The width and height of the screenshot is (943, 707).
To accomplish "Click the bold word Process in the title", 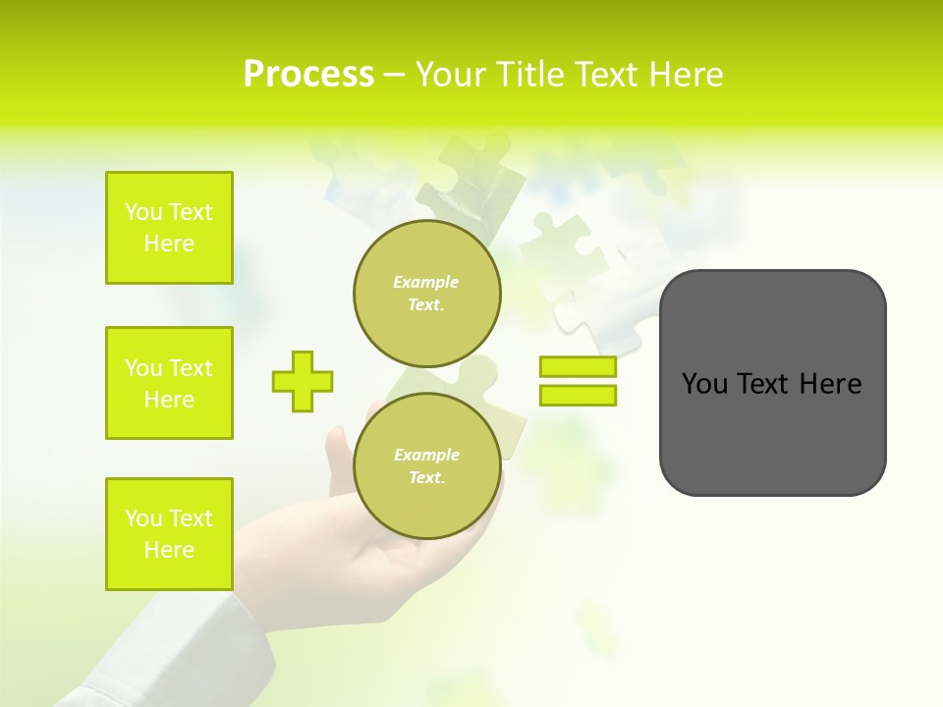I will point(308,75).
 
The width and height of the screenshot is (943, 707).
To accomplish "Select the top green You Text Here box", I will point(169,228).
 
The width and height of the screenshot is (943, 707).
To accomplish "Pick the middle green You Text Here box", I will point(169,383).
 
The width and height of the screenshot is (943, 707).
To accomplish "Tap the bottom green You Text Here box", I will point(169,534).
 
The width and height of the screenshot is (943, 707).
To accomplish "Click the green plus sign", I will point(303,381).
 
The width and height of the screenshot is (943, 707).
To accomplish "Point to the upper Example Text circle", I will point(426,294).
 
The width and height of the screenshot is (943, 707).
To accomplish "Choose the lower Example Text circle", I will point(426,465).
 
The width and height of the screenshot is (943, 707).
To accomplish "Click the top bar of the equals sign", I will point(578,366).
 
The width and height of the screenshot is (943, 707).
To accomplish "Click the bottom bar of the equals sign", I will point(578,395).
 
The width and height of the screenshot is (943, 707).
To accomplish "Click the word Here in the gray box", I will point(830,384).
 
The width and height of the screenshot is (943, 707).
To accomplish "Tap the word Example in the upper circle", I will point(426,282).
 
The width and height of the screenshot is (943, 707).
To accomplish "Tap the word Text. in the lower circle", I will point(426,478).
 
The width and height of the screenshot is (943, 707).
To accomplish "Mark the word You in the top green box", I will point(143,212).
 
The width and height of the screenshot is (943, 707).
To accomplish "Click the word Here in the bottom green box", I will point(169,550).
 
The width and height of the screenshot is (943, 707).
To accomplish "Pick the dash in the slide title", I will point(394,75).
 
